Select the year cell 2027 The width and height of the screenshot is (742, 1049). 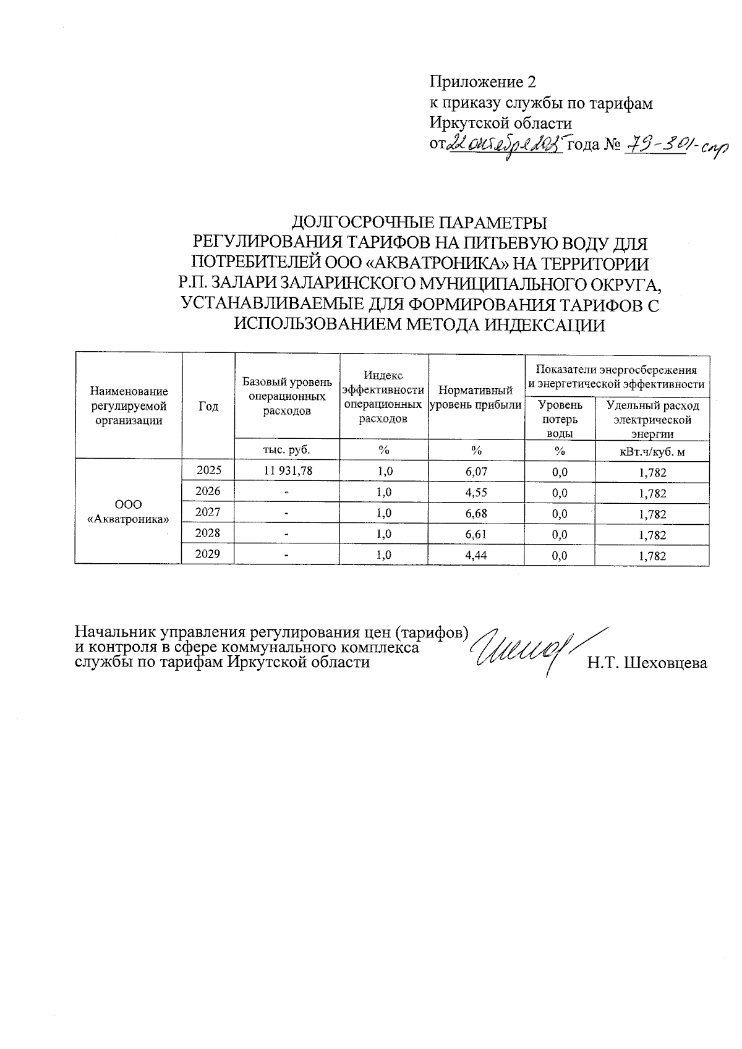(x=208, y=512)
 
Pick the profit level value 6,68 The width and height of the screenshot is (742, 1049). (x=476, y=514)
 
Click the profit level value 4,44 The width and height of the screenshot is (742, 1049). (x=476, y=555)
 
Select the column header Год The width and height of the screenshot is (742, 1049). (x=208, y=406)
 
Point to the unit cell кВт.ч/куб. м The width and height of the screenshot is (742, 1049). (x=652, y=452)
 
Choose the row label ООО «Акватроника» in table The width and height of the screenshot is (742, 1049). (x=128, y=512)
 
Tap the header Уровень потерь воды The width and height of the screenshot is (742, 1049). (x=559, y=419)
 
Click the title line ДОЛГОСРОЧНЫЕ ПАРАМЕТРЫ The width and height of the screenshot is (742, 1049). (x=419, y=222)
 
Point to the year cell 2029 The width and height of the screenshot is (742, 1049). (x=208, y=554)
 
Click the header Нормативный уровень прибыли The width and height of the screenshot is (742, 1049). (x=475, y=398)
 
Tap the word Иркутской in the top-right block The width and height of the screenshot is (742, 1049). (x=468, y=123)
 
